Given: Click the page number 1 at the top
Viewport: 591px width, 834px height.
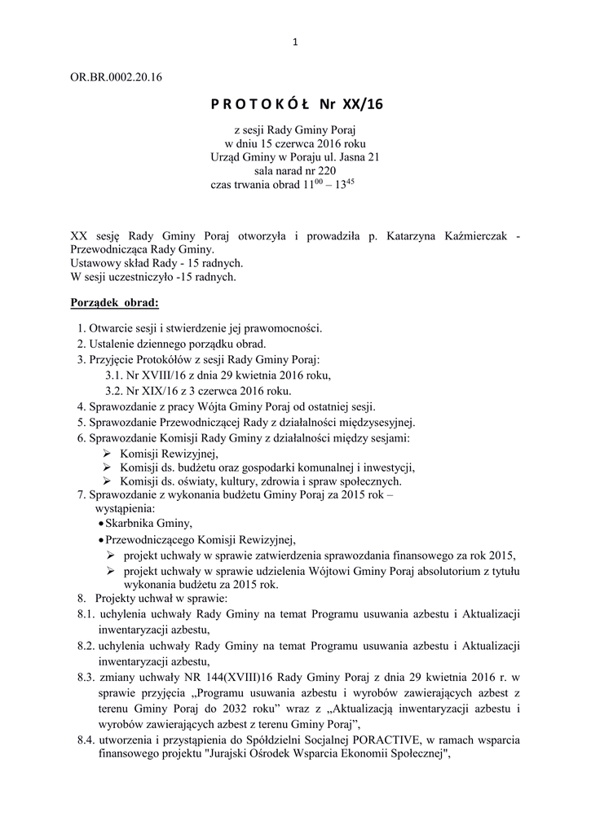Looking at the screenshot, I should coord(295,43).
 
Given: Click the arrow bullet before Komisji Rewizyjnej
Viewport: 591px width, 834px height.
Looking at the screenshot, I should coord(106,454).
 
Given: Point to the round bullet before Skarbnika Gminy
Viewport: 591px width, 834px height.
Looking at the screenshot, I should coord(99,525).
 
